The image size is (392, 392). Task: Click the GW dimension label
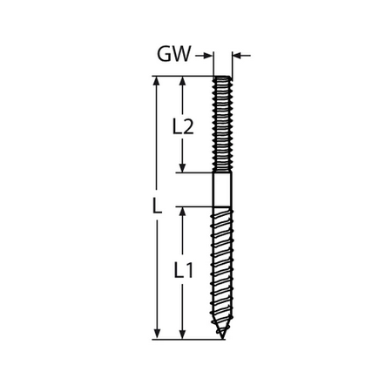[x=174, y=54]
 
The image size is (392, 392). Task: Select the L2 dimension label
[x=183, y=127]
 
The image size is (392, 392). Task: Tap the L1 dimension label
[x=184, y=270]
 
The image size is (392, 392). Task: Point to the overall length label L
[x=157, y=206]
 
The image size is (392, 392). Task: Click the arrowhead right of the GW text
[x=208, y=56]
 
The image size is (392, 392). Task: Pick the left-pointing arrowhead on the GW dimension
[x=237, y=55]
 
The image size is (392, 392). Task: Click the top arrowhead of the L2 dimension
[x=182, y=81]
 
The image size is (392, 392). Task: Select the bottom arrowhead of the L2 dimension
[x=182, y=168]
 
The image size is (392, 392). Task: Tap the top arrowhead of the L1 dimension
[x=182, y=212]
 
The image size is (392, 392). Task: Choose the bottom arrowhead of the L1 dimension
[x=182, y=335]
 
